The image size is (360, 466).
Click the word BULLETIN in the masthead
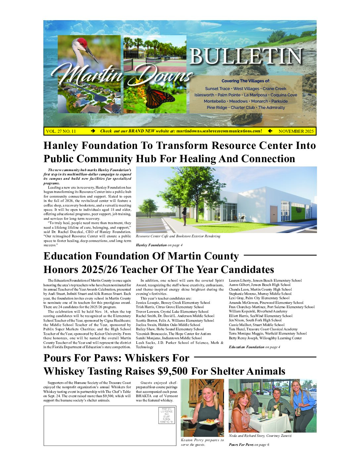(x=246, y=57)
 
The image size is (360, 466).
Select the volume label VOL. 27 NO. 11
(x=61, y=131)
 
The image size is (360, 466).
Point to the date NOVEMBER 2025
(x=296, y=131)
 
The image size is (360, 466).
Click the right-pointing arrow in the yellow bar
(x=93, y=131)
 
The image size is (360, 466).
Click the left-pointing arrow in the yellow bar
(x=270, y=131)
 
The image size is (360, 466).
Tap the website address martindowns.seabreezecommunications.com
(x=219, y=131)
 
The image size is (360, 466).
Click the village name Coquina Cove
(x=284, y=95)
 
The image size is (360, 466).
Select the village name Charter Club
(x=243, y=108)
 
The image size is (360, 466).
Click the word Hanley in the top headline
(x=62, y=146)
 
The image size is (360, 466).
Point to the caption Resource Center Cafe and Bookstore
(x=178, y=236)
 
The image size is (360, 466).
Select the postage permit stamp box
(x=167, y=416)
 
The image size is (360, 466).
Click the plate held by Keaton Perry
(x=210, y=422)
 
